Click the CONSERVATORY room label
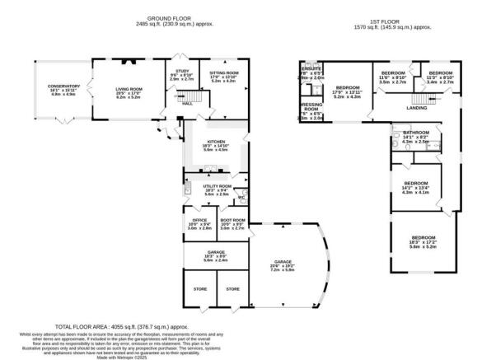[64, 86]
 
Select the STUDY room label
[179, 72]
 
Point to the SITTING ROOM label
[223, 72]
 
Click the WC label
[241, 197]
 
